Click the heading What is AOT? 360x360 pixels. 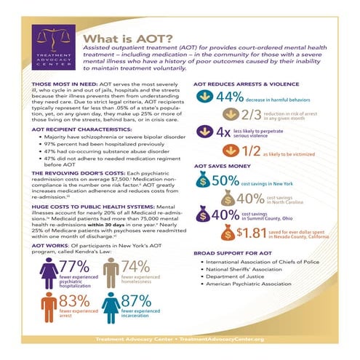pos(130,40)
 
